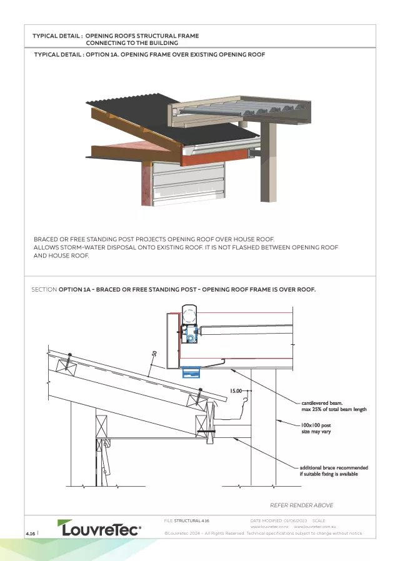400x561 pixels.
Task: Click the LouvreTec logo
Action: tap(99, 529)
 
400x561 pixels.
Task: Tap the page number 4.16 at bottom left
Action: tap(30, 533)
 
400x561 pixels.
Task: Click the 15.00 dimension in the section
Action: tap(236, 390)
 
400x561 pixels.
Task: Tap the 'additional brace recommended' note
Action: tap(334, 467)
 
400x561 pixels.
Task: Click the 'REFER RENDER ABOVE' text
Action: tap(301, 505)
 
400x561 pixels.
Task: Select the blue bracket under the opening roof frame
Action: tap(191, 372)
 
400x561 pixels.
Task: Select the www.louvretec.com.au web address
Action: tap(316, 527)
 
